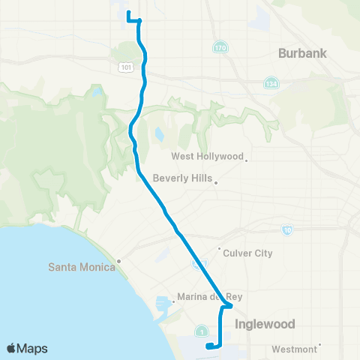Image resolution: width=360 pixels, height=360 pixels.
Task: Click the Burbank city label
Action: tap(304, 53)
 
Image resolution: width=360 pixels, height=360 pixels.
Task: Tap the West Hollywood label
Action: tap(208, 157)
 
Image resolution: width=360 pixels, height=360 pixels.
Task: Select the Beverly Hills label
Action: tap(182, 178)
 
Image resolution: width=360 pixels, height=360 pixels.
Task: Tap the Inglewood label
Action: tap(265, 324)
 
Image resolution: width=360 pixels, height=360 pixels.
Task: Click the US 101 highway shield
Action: tap(125, 68)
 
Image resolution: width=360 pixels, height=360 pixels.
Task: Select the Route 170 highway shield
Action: tap(217, 48)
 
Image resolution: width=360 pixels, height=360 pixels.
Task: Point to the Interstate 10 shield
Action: tap(287, 229)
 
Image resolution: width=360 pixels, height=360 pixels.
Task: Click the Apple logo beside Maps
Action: tap(12, 348)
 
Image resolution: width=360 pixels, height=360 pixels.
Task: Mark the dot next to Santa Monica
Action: tap(118, 262)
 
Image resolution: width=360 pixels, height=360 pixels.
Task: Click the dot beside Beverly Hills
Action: tap(215, 181)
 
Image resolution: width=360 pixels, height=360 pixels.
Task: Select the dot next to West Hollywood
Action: tap(246, 159)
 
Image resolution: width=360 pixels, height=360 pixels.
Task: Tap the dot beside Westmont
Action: tap(320, 346)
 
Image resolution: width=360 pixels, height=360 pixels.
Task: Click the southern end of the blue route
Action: tap(207, 346)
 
